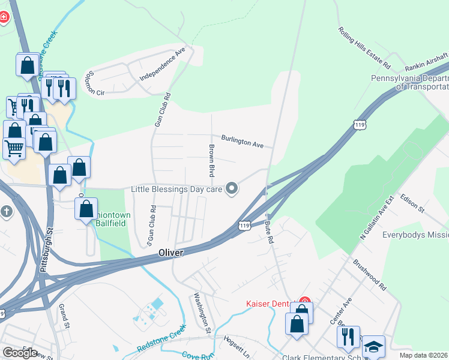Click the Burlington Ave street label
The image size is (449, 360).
243,141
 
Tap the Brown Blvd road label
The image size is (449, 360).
211,160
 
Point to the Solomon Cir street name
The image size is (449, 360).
95,84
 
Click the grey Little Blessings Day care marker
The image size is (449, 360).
232,190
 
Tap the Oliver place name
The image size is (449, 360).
170,253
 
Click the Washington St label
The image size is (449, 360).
202,312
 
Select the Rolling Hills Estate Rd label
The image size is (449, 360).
364,47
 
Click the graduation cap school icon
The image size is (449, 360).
373,347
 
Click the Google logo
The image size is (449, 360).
20,352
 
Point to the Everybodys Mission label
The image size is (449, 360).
416,235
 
